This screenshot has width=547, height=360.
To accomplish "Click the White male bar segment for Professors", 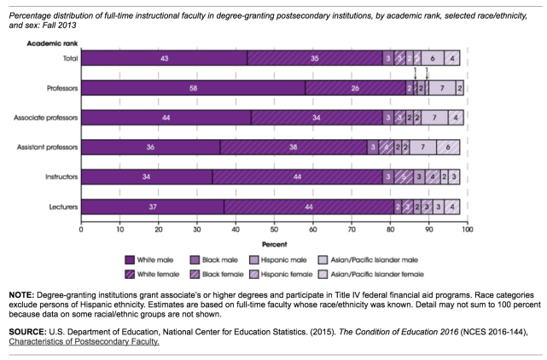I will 193,88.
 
